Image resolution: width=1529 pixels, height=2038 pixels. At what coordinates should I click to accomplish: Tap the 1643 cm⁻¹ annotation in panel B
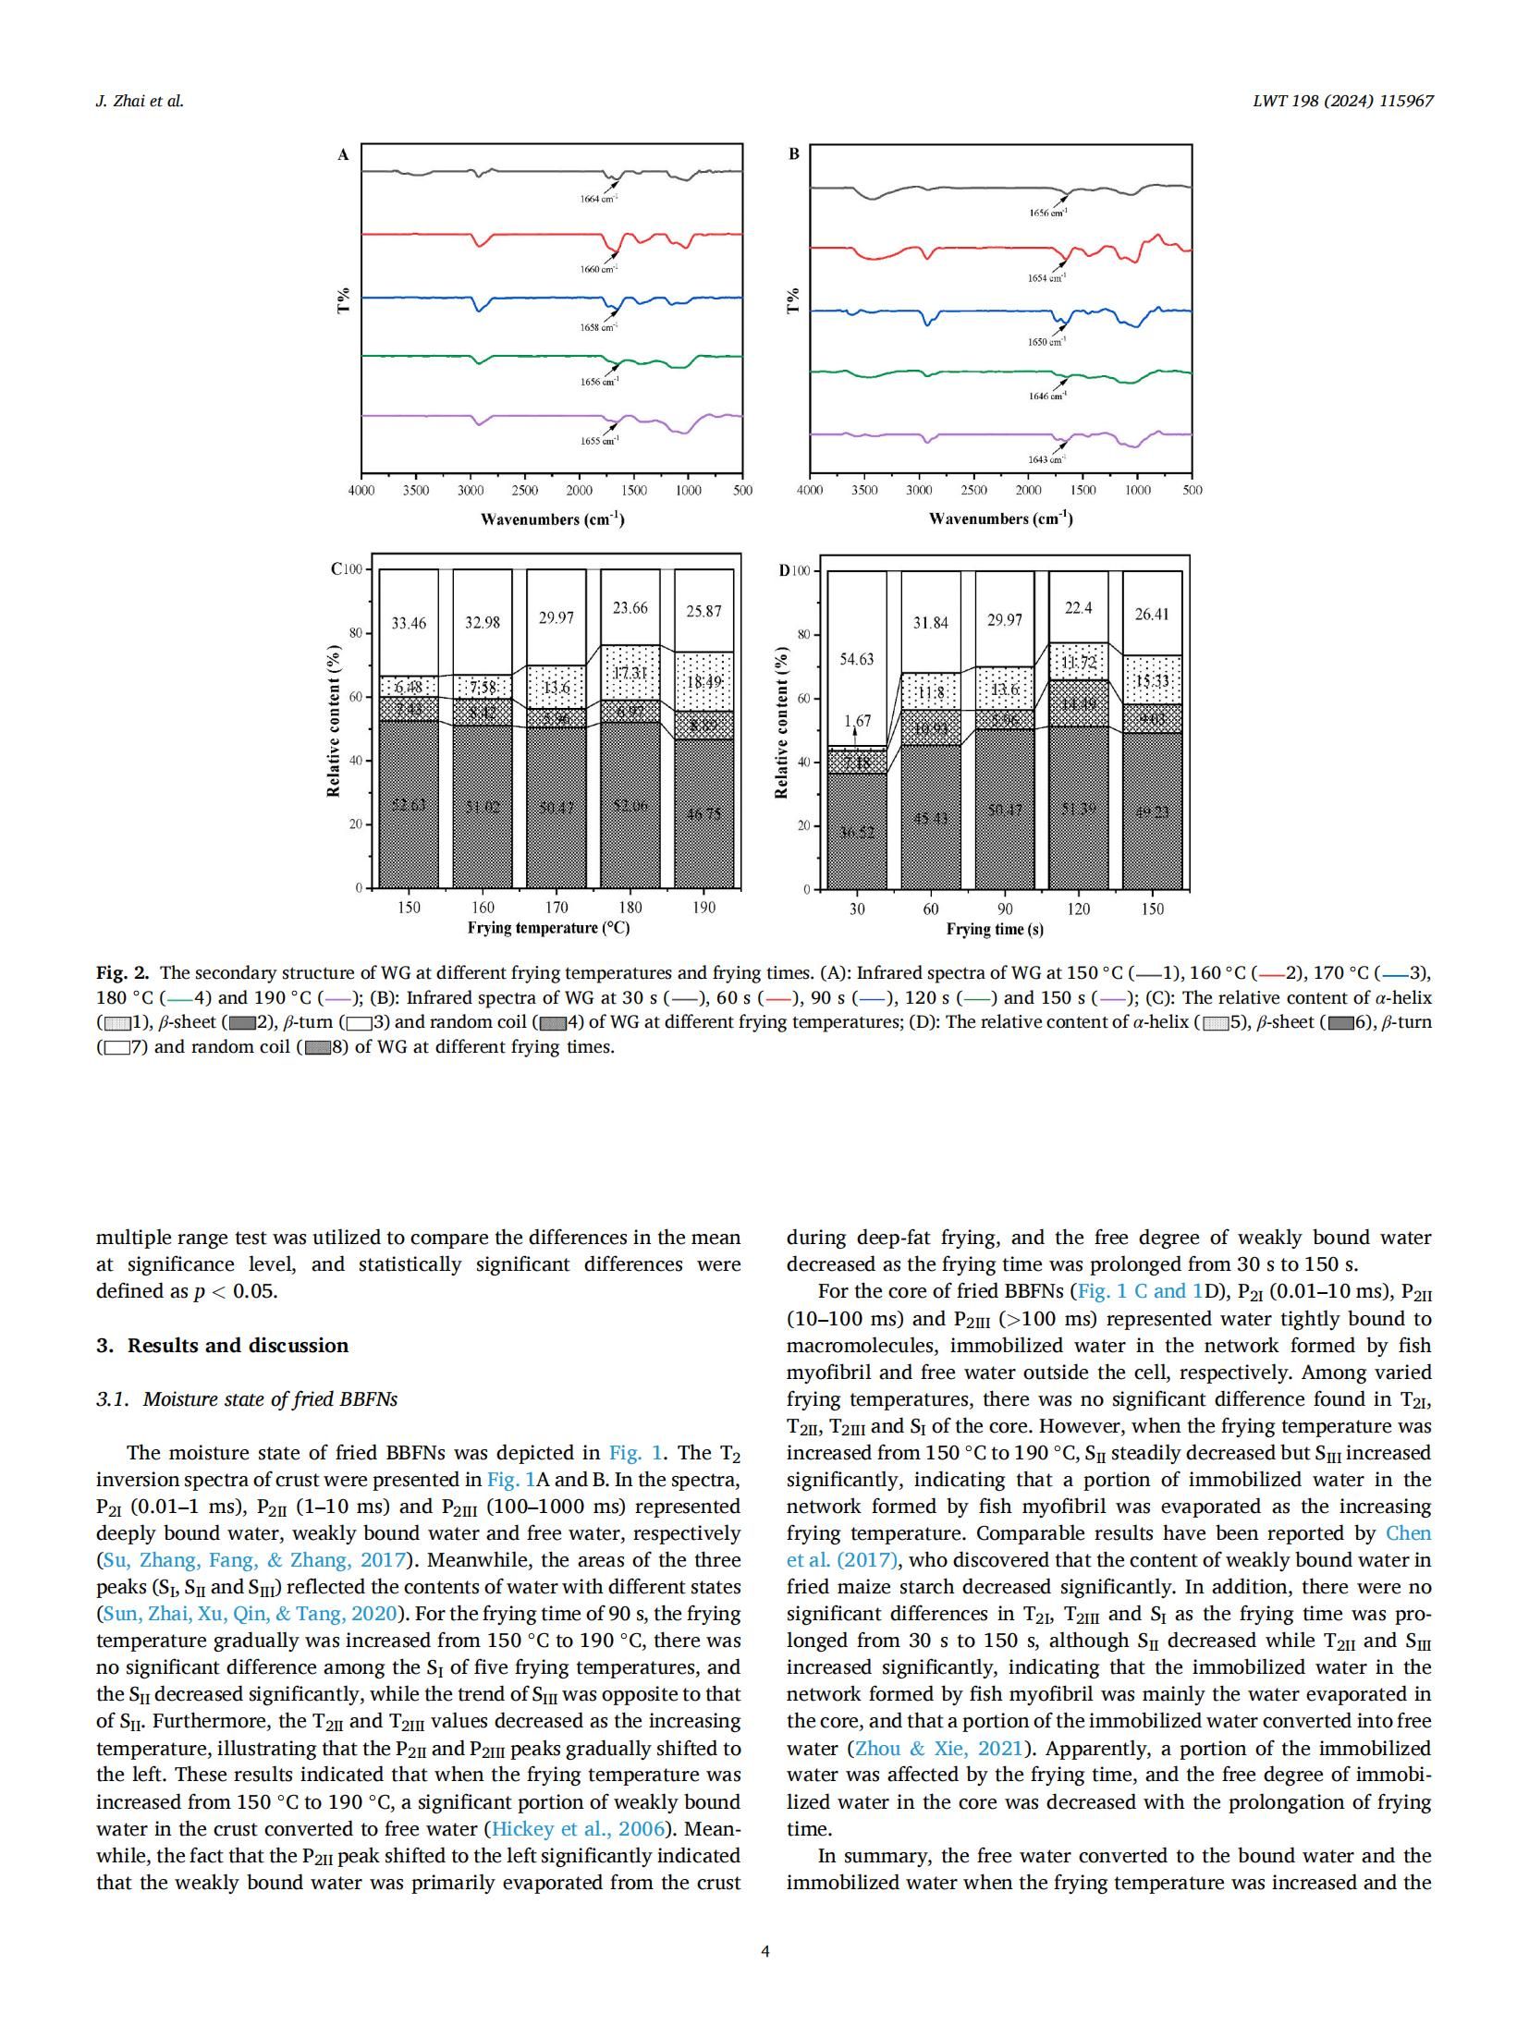tap(1046, 459)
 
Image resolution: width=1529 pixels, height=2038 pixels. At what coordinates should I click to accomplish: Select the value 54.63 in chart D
tap(856, 659)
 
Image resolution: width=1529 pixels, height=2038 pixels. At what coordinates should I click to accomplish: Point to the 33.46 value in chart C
tap(409, 623)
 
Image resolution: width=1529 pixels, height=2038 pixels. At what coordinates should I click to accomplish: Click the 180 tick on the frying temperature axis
tap(630, 908)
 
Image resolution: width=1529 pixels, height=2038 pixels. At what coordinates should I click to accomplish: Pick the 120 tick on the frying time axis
tap(1078, 909)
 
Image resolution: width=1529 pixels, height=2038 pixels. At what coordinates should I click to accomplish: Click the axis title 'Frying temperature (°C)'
tap(548, 928)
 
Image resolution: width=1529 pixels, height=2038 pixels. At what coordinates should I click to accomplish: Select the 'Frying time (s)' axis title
tap(995, 929)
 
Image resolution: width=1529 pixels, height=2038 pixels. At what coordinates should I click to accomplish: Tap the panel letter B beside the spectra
tap(793, 154)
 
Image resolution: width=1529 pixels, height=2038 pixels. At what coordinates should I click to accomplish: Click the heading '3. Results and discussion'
tap(222, 1346)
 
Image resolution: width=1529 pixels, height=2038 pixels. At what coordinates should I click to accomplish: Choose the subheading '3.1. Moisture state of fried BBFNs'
tap(247, 1399)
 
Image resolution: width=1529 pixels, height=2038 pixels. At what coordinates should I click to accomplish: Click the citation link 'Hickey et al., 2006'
tap(578, 1829)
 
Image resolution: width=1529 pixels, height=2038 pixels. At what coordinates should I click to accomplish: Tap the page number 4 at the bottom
tap(764, 1951)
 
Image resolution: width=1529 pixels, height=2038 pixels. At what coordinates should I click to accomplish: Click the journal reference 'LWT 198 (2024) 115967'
tap(1342, 101)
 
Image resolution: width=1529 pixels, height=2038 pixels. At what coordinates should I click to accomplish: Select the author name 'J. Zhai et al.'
tap(140, 101)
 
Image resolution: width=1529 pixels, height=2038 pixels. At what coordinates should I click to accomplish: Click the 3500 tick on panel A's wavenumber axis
tap(416, 490)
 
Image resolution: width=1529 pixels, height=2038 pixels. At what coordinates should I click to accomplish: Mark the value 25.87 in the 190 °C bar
tap(703, 611)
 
